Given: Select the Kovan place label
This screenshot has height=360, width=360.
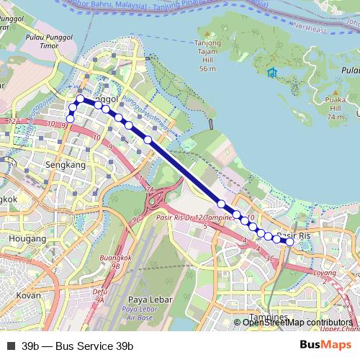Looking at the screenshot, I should pyautogui.click(x=29, y=295).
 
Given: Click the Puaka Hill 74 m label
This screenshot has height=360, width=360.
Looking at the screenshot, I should pyautogui.click(x=336, y=109).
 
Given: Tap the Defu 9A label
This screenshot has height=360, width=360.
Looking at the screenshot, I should pyautogui.click(x=100, y=294).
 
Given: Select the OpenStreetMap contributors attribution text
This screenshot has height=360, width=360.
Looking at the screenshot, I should pyautogui.click(x=297, y=323).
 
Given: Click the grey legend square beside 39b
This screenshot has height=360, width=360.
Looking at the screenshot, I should pyautogui.click(x=11, y=346).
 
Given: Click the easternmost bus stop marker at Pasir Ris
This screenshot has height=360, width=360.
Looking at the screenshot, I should pyautogui.click(x=289, y=242).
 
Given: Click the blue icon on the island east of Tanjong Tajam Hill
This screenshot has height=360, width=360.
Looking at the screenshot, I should pyautogui.click(x=271, y=73).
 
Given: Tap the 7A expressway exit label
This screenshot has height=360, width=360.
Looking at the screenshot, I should pyautogui.click(x=150, y=189).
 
